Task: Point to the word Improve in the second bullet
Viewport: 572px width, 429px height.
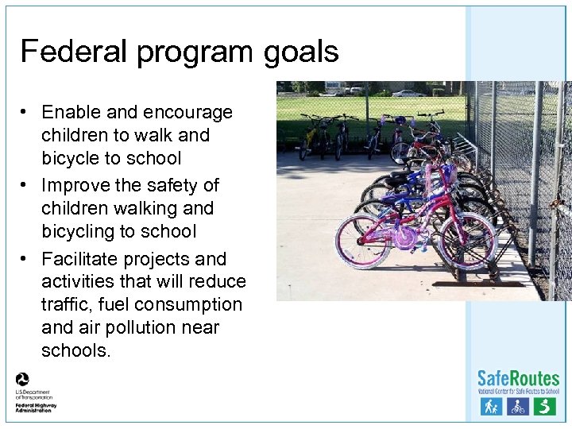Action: point(78,185)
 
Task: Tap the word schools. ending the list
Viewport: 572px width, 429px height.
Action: point(76,350)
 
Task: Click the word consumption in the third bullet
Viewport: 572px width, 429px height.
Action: point(188,304)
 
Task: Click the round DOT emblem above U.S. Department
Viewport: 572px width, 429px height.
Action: point(22,379)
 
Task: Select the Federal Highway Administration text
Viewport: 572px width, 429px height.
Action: point(35,407)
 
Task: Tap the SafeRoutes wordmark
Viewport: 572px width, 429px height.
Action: point(517,378)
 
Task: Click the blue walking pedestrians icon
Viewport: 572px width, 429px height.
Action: point(491,407)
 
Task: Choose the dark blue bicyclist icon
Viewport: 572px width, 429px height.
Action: point(518,407)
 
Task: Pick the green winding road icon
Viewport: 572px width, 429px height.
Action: point(544,407)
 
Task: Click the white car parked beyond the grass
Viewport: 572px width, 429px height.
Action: point(408,94)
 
